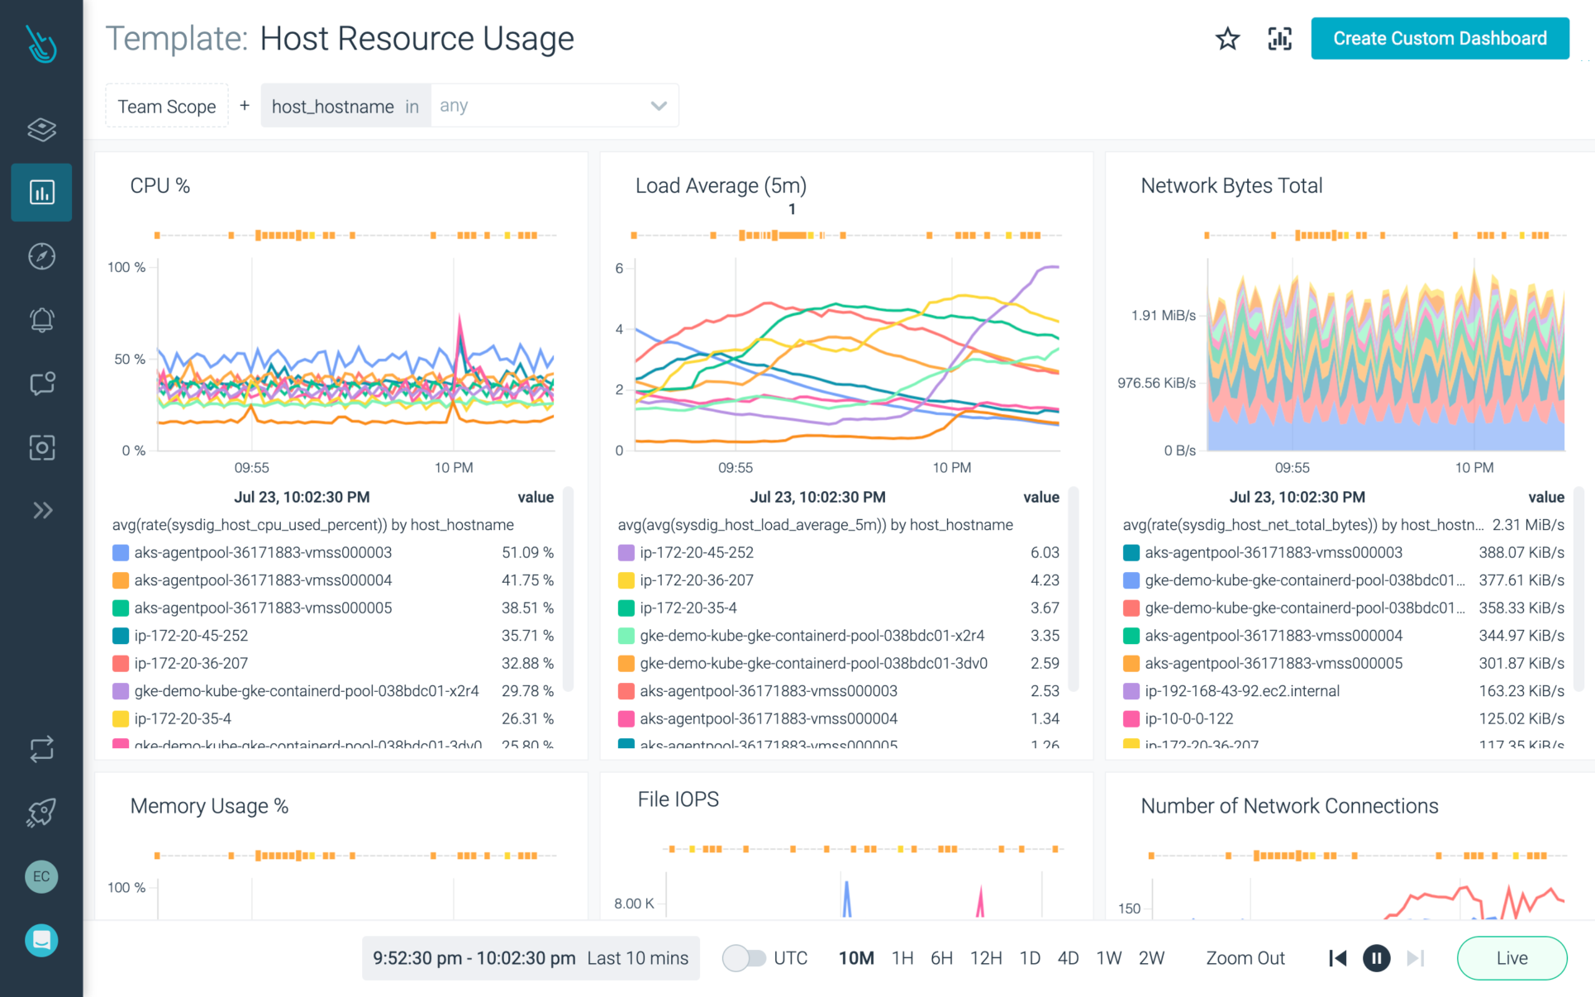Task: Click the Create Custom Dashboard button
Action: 1439,39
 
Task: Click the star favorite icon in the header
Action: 1227,39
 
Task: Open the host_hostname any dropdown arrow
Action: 658,106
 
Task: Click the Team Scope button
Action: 167,107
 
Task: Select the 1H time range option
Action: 902,958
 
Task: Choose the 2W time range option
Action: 1150,958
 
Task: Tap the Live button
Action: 1512,958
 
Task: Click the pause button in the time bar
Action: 1376,958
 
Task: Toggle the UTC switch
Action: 744,958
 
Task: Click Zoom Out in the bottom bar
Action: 1245,958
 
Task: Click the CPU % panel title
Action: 160,186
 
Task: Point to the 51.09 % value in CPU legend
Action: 527,552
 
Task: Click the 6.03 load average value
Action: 1045,552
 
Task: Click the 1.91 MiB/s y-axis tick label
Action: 1163,316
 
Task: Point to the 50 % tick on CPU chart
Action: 129,359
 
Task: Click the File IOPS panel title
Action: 678,799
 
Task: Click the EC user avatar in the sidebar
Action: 41,876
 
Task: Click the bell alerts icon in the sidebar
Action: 41,320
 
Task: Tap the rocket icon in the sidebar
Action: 41,813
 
